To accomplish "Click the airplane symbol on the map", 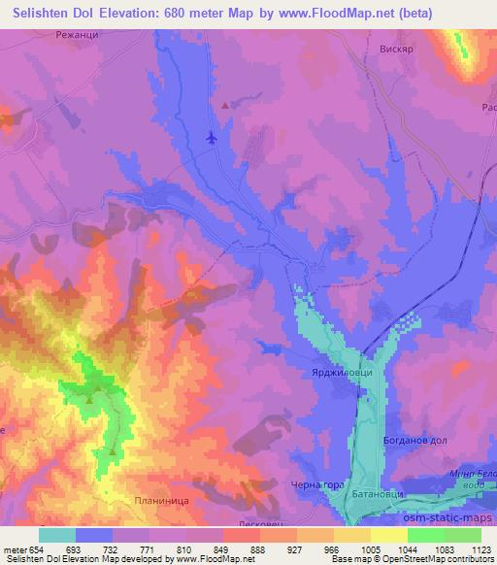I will click(212, 138).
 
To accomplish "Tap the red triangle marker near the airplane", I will click(226, 105).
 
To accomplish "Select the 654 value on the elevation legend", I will click(37, 549).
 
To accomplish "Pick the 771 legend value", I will click(145, 549).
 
